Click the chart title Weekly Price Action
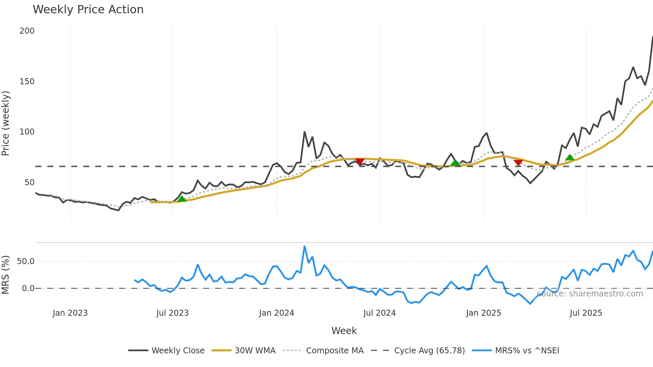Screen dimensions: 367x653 88,10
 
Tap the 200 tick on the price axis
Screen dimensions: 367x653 27,31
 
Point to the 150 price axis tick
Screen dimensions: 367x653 27,82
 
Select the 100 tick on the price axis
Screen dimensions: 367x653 27,132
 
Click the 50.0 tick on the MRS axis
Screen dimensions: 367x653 26,261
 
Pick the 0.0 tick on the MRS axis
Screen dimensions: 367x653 28,288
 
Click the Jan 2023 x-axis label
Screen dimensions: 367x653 70,313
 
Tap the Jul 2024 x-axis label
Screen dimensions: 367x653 379,313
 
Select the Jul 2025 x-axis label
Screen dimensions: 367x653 586,313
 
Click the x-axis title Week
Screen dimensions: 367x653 344,331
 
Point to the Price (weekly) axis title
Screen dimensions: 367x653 6,123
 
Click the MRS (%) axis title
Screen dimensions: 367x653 6,275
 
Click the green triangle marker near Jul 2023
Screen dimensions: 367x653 182,199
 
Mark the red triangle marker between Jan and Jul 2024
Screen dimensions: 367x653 360,162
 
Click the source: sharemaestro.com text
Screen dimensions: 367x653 590,294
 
